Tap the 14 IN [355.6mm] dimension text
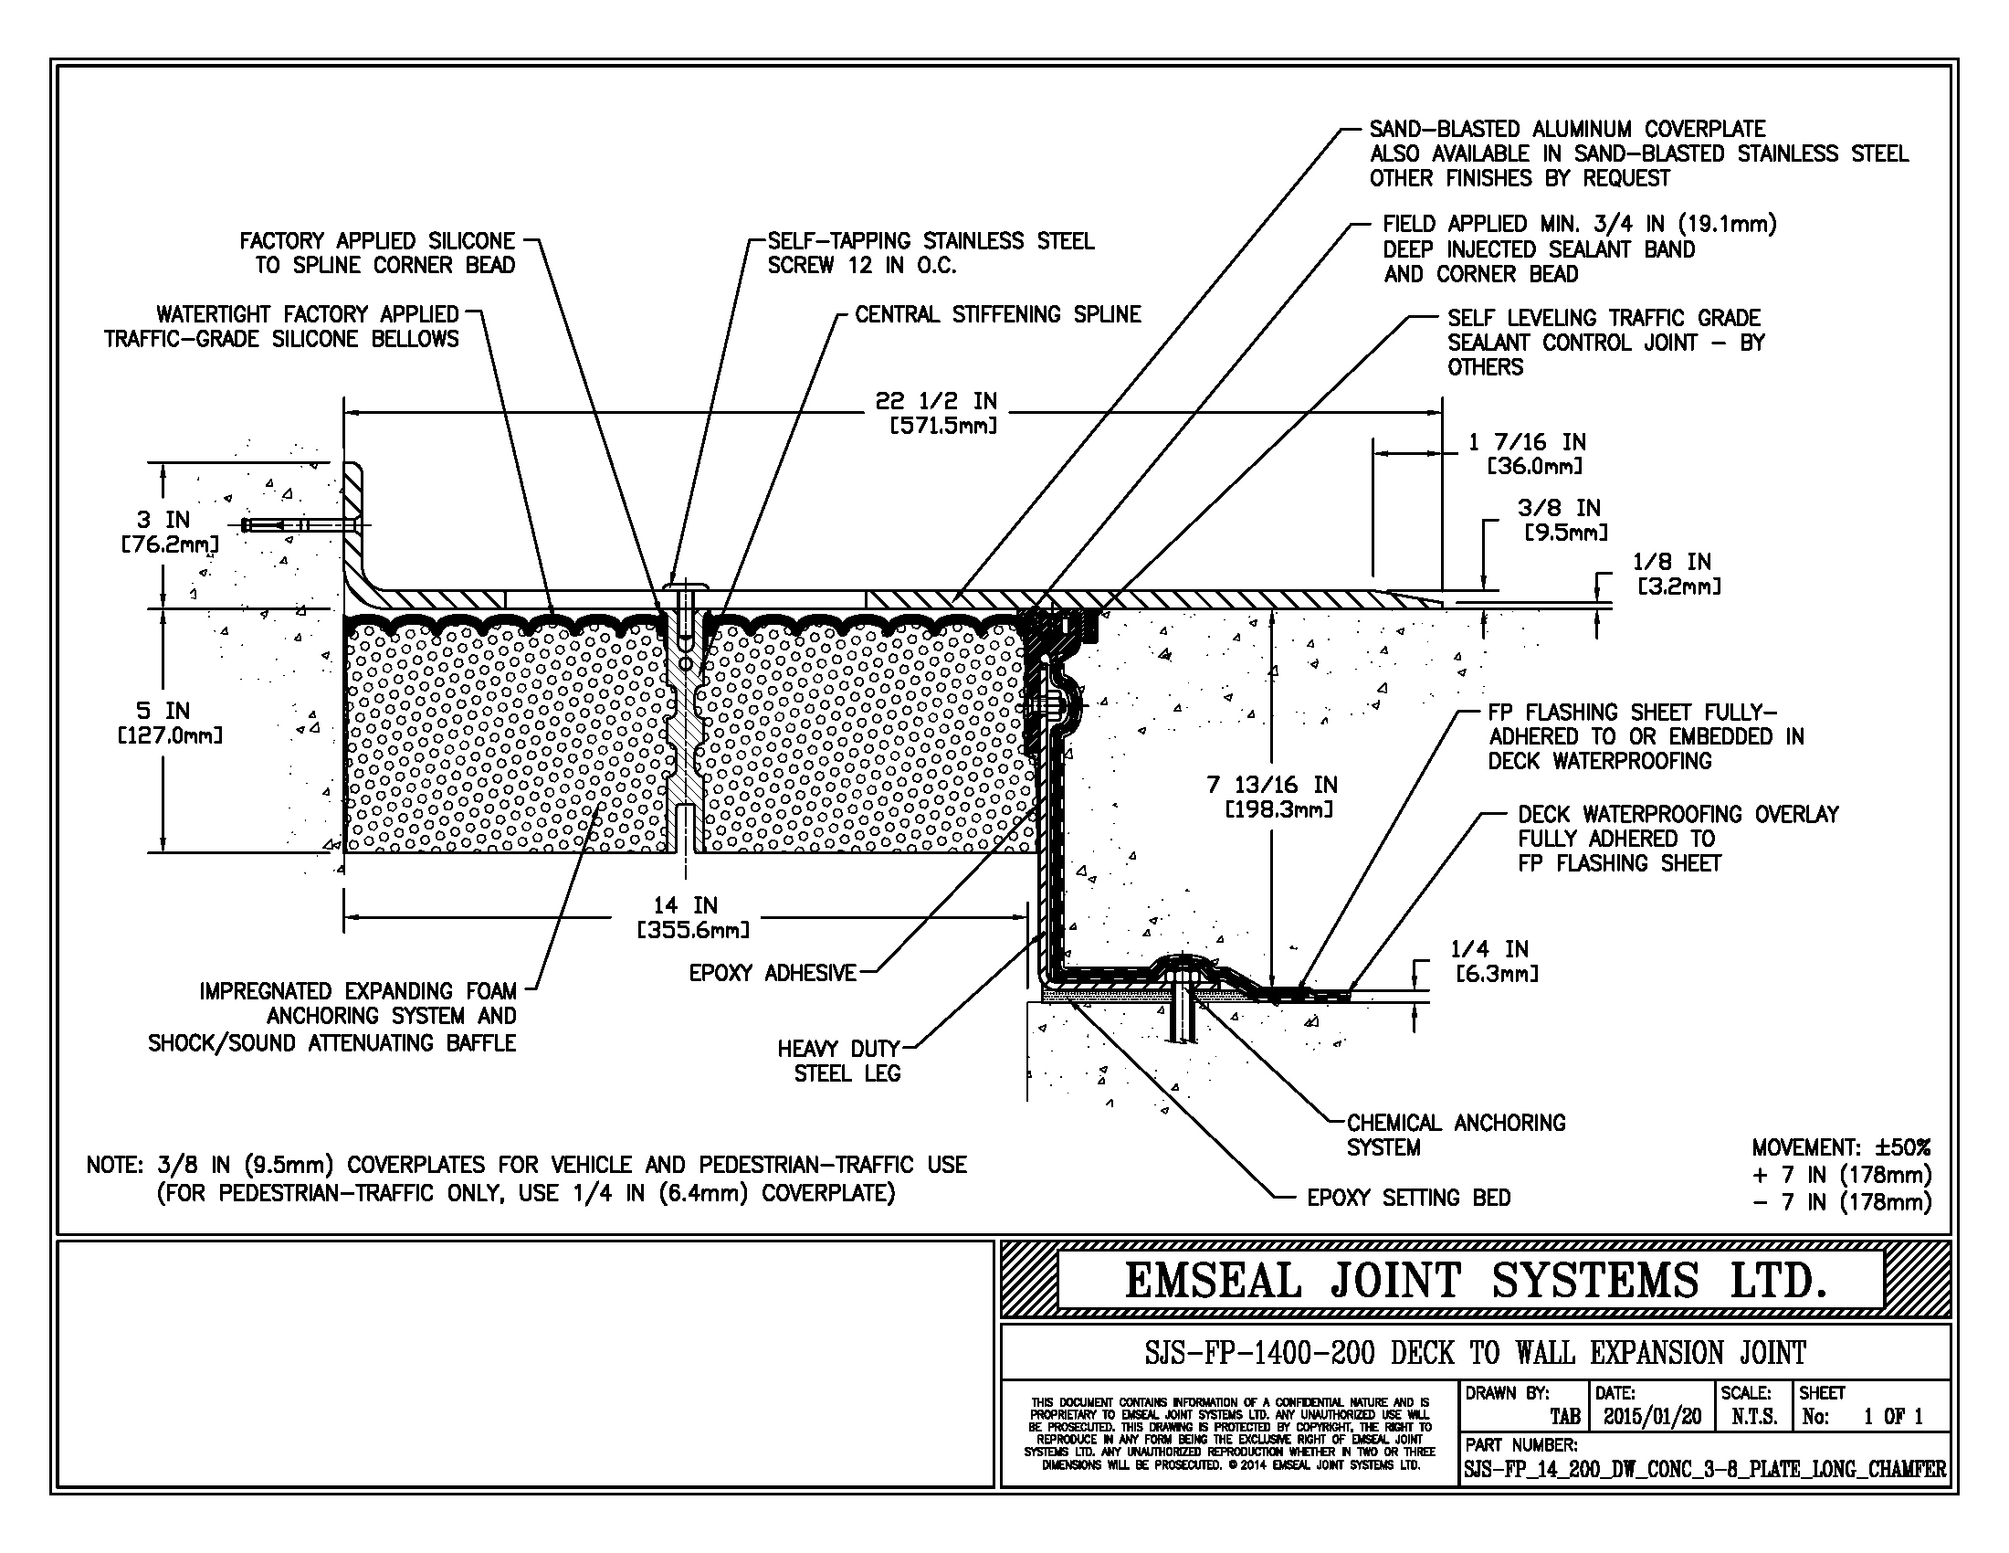(692, 917)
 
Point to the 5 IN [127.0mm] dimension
(168, 724)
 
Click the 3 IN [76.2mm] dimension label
(166, 532)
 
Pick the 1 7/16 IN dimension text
(1532, 454)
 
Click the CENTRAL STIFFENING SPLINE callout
(997, 314)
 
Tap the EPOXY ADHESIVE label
(773, 974)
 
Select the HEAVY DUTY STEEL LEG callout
(838, 1061)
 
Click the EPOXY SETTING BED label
(1408, 1198)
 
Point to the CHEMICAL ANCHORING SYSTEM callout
(1456, 1135)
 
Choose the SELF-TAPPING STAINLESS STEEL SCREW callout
(930, 253)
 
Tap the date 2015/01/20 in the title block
(1652, 1416)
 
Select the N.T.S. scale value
(1753, 1416)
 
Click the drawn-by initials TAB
(1564, 1417)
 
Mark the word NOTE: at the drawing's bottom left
(114, 1166)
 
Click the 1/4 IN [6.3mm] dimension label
(1495, 960)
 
